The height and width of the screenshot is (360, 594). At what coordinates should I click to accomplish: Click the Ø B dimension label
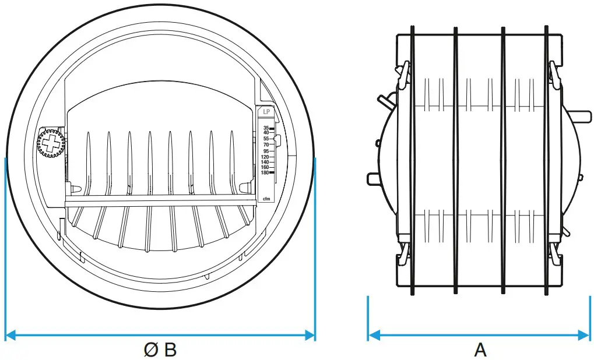click(x=160, y=350)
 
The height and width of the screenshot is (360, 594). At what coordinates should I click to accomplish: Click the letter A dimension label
click(x=480, y=350)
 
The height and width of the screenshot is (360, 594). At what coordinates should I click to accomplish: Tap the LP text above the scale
click(x=266, y=111)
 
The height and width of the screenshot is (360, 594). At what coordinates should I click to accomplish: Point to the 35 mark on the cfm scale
click(x=266, y=128)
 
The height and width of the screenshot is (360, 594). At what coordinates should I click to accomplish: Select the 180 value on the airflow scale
click(x=265, y=172)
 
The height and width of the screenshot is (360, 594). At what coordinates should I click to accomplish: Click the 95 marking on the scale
click(x=265, y=151)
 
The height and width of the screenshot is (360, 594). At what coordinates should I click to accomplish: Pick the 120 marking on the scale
click(x=265, y=157)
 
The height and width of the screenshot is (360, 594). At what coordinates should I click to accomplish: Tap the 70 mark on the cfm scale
click(x=266, y=144)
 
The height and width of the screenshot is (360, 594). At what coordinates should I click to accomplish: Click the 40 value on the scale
click(x=266, y=133)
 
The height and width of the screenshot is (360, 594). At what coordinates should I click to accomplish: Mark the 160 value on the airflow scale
click(x=265, y=167)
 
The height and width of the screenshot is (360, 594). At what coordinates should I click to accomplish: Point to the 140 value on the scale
click(x=265, y=162)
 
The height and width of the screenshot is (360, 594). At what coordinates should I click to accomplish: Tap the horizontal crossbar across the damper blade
click(x=160, y=199)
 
